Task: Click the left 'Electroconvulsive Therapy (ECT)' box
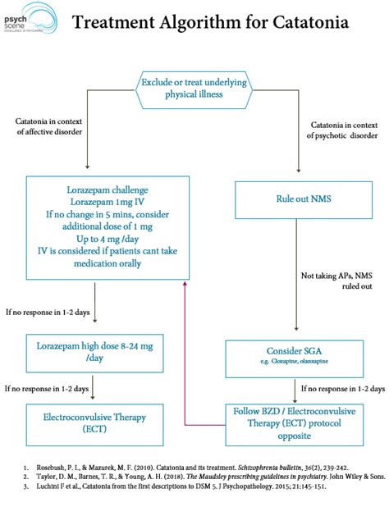click(x=89, y=422)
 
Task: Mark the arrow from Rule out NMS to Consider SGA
click(x=295, y=279)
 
